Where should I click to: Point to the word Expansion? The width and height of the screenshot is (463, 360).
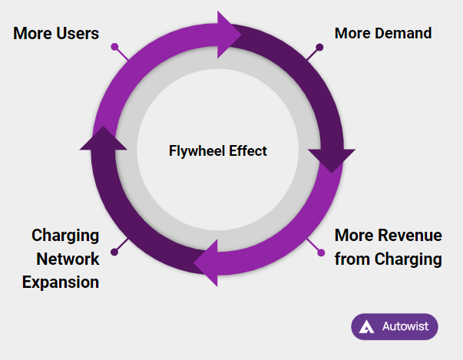(x=61, y=282)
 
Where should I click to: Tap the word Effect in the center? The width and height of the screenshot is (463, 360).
(x=246, y=150)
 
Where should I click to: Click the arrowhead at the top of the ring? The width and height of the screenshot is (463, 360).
(x=230, y=35)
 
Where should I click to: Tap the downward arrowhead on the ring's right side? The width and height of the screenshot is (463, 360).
(x=331, y=159)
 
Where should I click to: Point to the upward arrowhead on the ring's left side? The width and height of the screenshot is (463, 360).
(x=104, y=138)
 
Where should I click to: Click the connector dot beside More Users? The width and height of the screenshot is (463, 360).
(x=114, y=48)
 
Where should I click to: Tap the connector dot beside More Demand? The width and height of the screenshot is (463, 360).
(x=319, y=48)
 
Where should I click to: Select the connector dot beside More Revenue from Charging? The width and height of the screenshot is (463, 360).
(x=319, y=252)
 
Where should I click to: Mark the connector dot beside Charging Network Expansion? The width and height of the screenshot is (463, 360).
(x=114, y=252)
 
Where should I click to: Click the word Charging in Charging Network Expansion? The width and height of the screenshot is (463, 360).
(x=65, y=236)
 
